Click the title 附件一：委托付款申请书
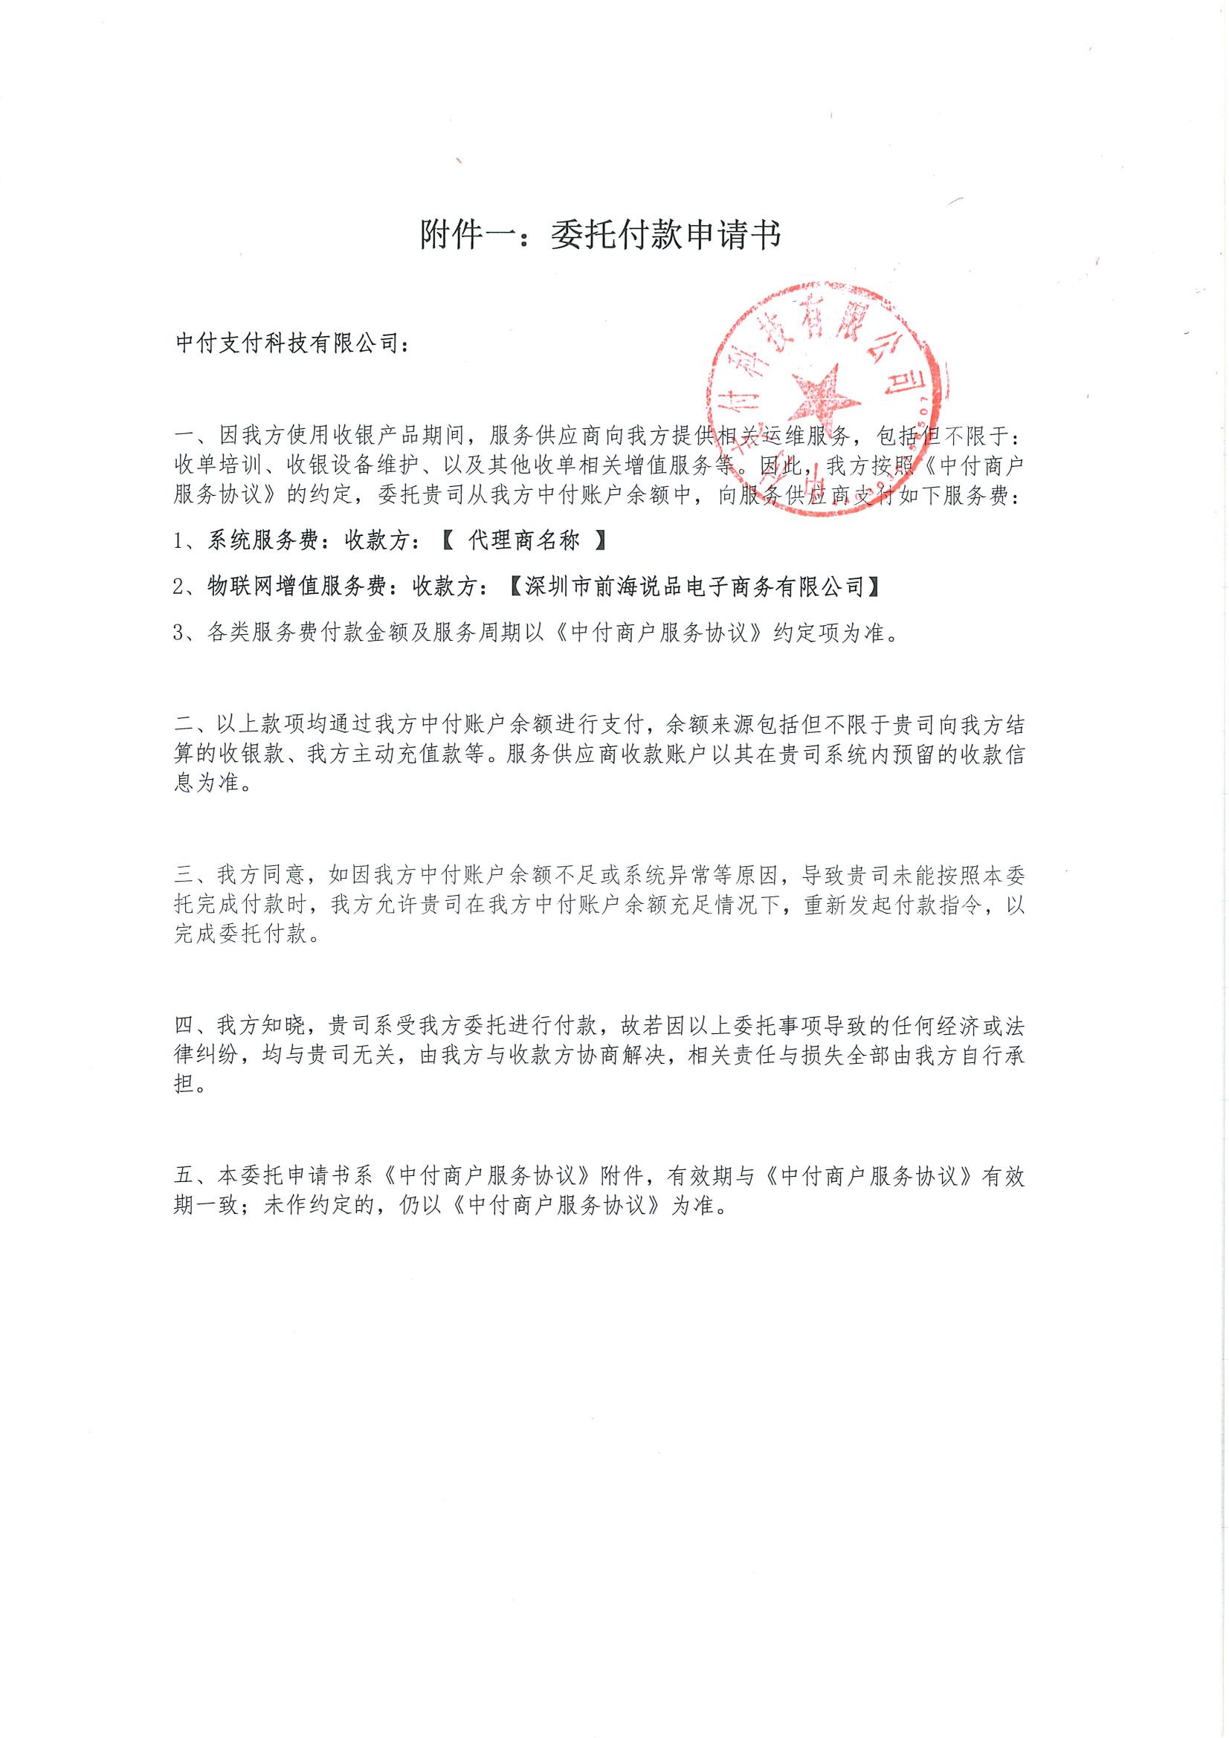[601, 236]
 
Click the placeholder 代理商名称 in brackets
[524, 540]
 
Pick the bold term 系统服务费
[252, 540]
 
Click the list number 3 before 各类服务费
[178, 633]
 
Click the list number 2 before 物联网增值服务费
[178, 587]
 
